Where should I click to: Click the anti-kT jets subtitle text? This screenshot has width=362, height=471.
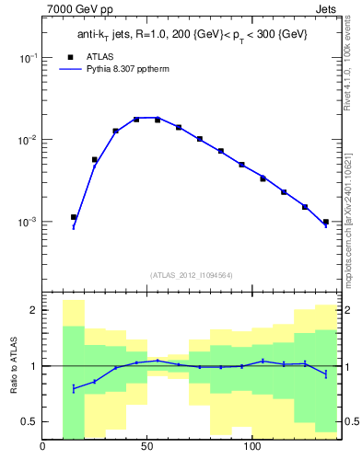click(192, 35)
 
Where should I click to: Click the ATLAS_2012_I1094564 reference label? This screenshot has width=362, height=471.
click(191, 274)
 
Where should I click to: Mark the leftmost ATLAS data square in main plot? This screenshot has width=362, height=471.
click(74, 217)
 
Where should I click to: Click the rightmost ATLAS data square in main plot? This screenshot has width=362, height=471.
click(326, 222)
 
